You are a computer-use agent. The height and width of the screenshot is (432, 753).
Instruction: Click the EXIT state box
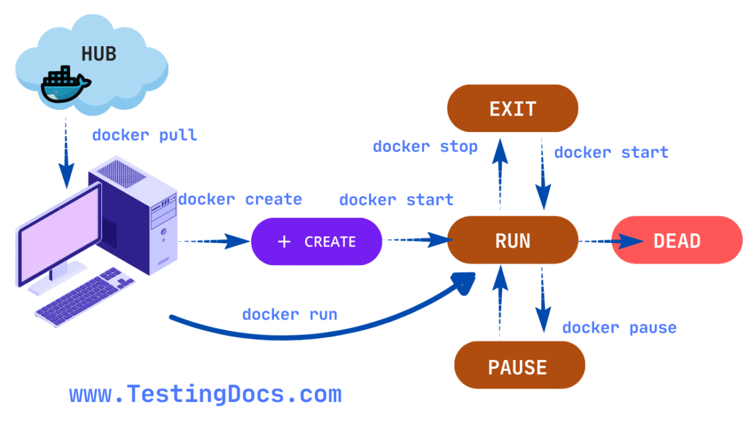(x=512, y=108)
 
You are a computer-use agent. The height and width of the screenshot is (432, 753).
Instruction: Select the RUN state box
(x=512, y=241)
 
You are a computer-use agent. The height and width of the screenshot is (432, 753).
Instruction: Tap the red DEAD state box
(x=676, y=241)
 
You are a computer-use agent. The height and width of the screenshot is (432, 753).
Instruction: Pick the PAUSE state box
(x=517, y=367)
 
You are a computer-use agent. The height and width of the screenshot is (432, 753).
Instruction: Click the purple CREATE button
(x=316, y=242)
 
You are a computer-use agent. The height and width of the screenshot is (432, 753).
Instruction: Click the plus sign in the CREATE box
(x=284, y=242)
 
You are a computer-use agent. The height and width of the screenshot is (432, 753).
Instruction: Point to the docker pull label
(x=144, y=135)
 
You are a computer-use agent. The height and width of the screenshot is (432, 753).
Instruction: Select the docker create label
(x=240, y=199)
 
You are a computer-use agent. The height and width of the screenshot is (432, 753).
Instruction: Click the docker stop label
(x=425, y=147)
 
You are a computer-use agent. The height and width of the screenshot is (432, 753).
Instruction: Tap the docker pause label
(x=619, y=327)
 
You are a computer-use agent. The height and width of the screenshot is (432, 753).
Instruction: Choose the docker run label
(x=290, y=314)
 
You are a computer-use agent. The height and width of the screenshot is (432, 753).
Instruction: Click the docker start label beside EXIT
(x=611, y=153)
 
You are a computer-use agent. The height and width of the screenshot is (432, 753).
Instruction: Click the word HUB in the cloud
(x=99, y=54)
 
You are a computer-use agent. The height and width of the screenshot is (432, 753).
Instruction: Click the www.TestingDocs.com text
(x=204, y=394)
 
